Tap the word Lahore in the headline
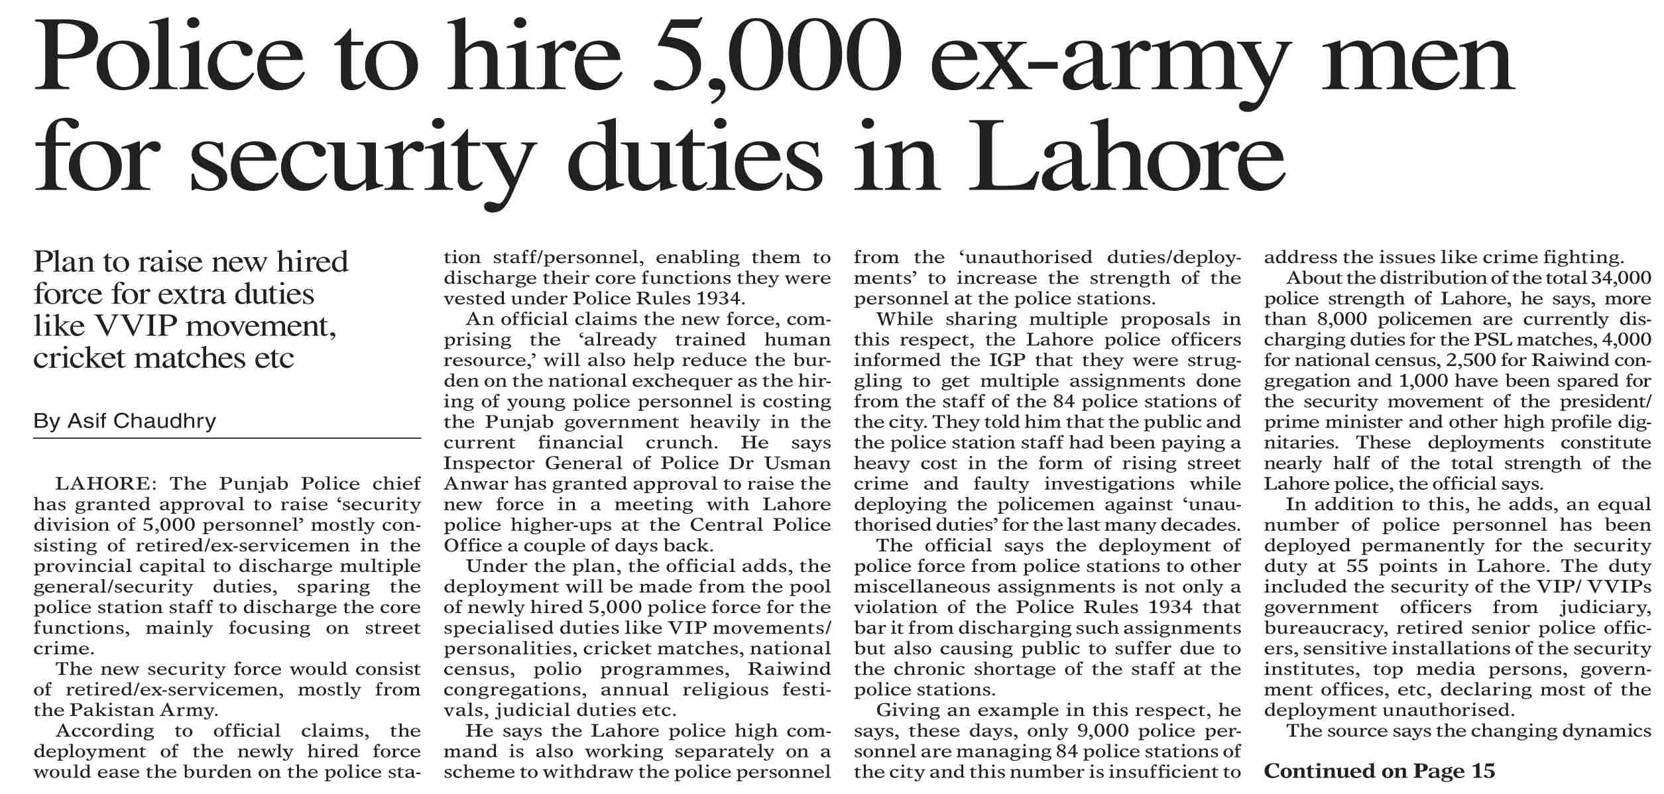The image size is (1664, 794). pyautogui.click(x=1118, y=158)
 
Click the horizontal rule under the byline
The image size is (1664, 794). pyautogui.click(x=227, y=438)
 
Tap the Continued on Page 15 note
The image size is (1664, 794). pyautogui.click(x=1380, y=771)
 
